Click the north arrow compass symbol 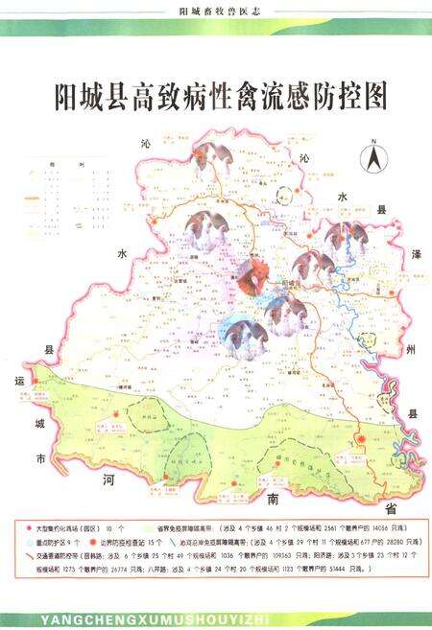tap(370, 155)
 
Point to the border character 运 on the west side tap(18, 381)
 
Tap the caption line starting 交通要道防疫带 tap(211, 554)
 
